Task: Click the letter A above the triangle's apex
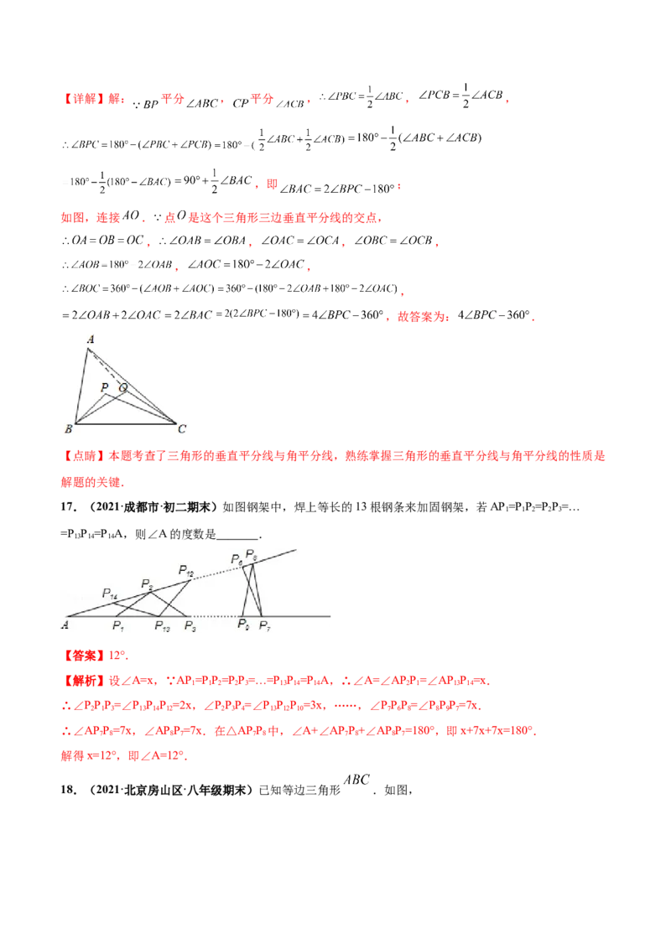point(90,339)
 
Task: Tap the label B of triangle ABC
point(68,429)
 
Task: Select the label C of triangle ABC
point(182,429)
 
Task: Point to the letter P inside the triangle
point(104,387)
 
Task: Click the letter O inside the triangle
point(123,387)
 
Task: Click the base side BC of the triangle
point(126,423)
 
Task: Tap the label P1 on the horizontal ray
point(118,625)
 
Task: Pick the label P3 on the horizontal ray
point(190,625)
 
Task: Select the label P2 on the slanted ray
point(146,583)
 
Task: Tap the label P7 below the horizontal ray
point(264,625)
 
